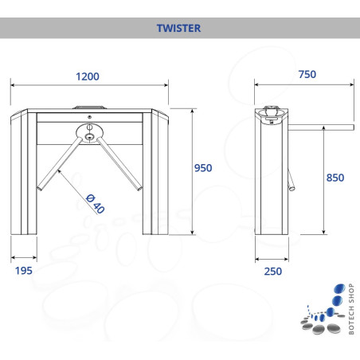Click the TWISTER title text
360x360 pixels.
click(178, 28)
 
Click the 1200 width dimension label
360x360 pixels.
click(88, 76)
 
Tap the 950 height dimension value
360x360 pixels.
click(203, 168)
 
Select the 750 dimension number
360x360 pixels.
click(307, 74)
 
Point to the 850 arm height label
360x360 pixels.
click(335, 178)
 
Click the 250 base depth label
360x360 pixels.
click(273, 272)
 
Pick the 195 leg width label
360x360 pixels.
click(24, 271)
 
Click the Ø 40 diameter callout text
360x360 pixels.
click(96, 204)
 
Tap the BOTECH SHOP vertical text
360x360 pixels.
click(351, 309)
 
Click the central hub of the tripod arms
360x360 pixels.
click(89, 137)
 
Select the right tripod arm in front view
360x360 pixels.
click(119, 164)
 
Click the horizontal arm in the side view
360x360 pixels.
click(321, 127)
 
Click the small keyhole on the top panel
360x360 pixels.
click(89, 117)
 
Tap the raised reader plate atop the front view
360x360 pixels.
click(90, 108)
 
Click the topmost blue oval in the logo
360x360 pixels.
click(339, 288)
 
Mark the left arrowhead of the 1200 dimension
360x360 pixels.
click(12, 85)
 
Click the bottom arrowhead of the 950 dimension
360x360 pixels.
click(193, 233)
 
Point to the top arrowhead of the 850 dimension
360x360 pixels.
click(323, 128)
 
